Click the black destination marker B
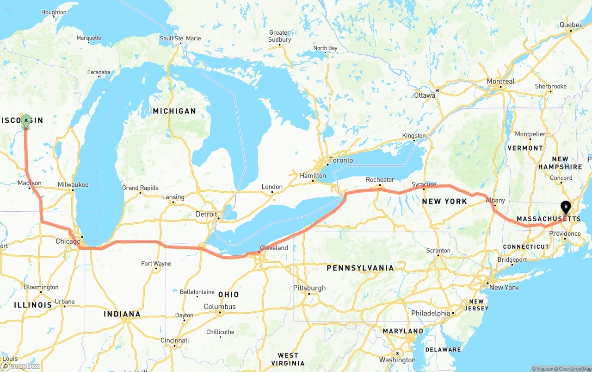565,207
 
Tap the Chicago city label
68,241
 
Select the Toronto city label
341,160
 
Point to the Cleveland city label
274,248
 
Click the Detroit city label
206,214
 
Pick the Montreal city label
500,81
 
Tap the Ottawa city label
425,95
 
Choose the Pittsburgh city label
309,288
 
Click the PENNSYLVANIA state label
360,268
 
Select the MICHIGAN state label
174,111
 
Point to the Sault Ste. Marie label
180,38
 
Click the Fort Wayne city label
156,264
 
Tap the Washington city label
397,360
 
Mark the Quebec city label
571,25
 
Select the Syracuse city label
424,184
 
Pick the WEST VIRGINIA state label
288,359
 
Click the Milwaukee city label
73,184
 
